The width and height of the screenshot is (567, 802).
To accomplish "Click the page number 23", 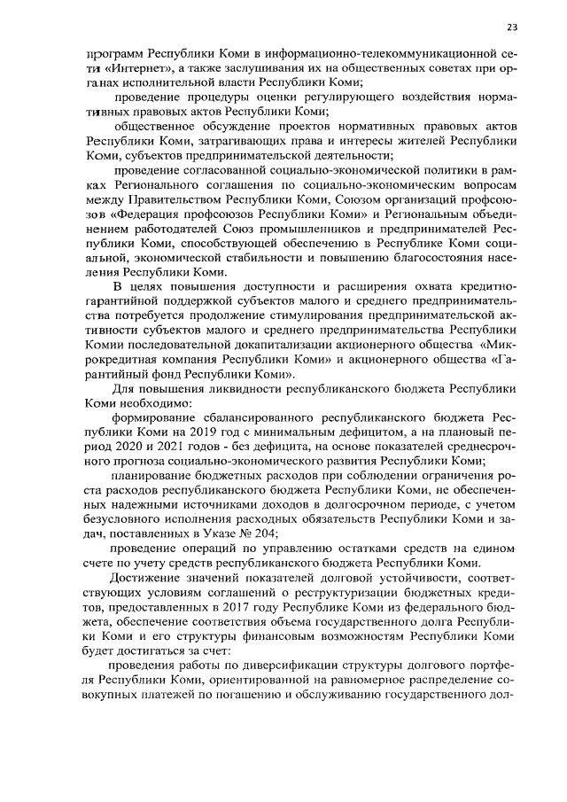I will [x=511, y=25].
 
